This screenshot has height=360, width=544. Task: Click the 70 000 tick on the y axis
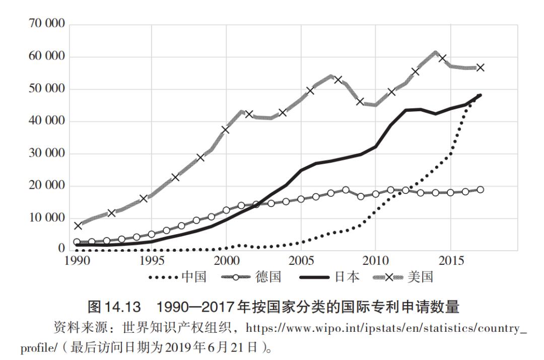pyautogui.click(x=44, y=25)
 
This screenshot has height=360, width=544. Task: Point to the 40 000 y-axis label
pyautogui.click(x=44, y=121)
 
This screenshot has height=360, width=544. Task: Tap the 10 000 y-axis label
pyautogui.click(x=44, y=218)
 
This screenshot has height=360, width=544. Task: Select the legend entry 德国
pyautogui.click(x=268, y=277)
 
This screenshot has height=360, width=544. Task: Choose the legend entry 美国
pyautogui.click(x=421, y=277)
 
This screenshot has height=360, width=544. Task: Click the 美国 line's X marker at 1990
pyautogui.click(x=78, y=226)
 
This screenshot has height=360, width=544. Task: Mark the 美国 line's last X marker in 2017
pyautogui.click(x=480, y=67)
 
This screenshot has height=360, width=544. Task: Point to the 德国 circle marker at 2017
pyautogui.click(x=480, y=190)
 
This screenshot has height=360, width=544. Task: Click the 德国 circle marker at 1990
pyautogui.click(x=77, y=242)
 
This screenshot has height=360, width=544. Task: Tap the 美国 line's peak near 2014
pyautogui.click(x=435, y=52)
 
